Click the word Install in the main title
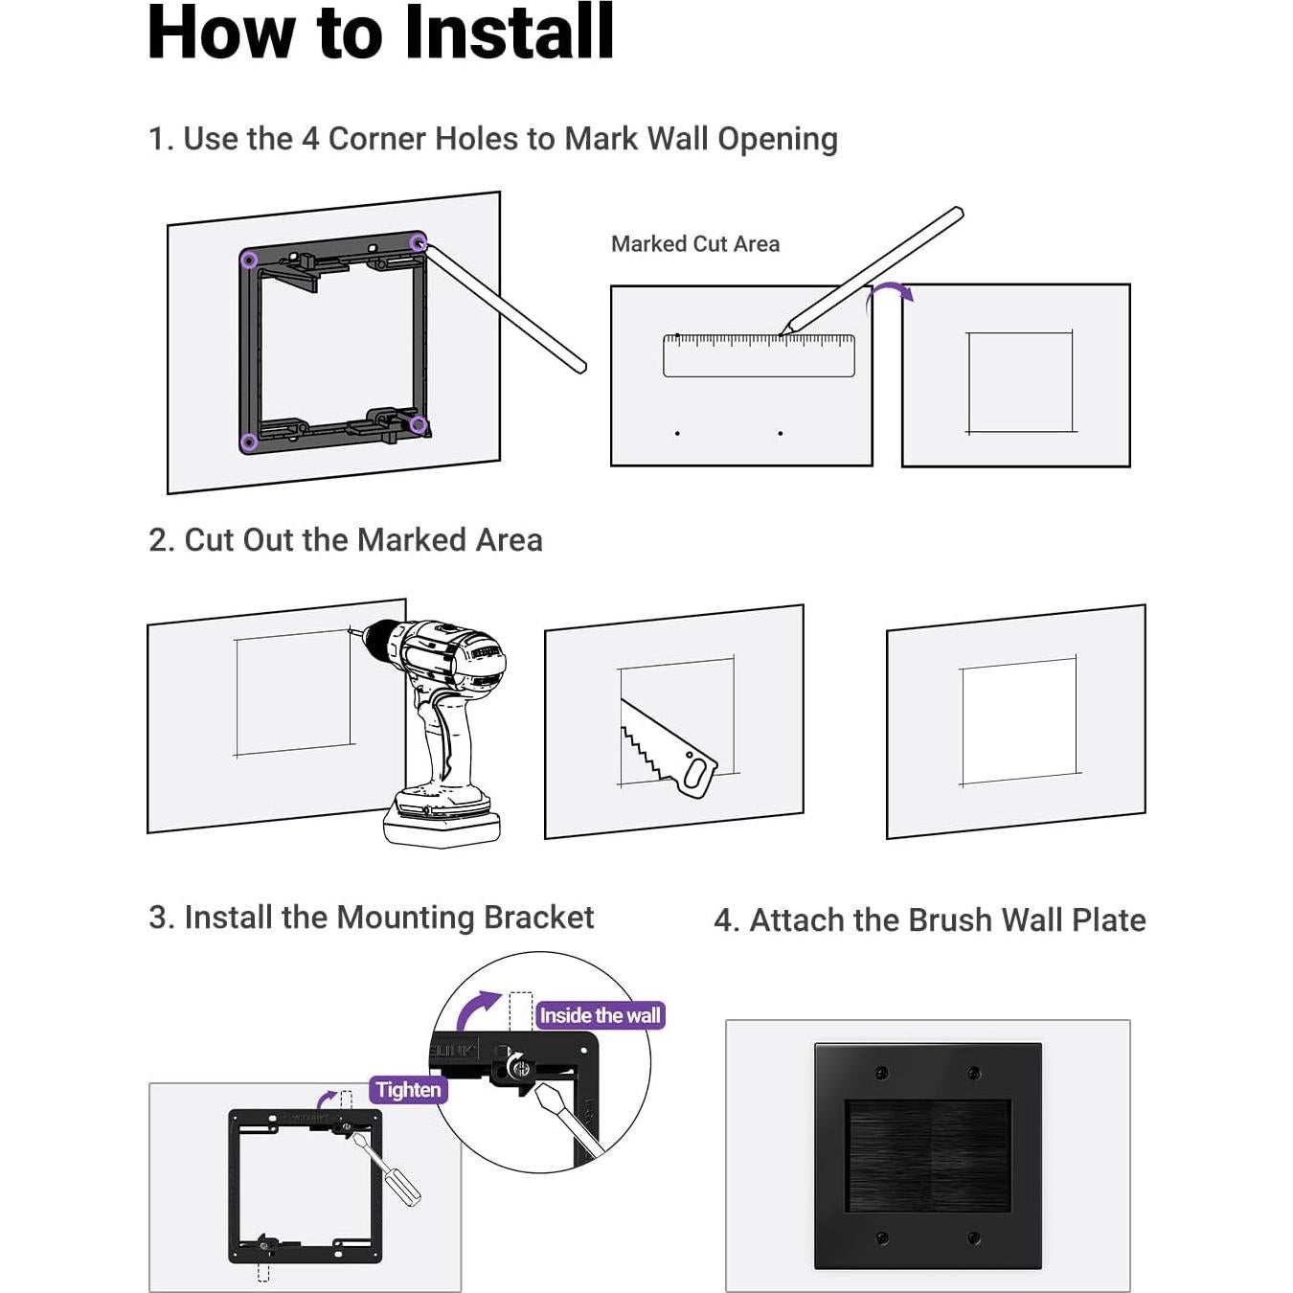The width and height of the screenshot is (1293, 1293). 510,33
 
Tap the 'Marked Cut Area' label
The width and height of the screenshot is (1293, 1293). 695,244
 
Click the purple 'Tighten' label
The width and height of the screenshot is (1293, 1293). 408,1090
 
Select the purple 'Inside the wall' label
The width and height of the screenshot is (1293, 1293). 600,1015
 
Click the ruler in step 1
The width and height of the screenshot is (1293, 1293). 759,355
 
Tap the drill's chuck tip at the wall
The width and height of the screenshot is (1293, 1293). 351,630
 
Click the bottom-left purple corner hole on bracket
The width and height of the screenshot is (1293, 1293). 249,442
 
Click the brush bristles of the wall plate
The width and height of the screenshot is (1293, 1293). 928,1155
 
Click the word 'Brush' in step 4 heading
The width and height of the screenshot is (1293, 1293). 950,919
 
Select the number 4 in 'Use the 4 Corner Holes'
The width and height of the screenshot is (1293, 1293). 310,140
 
